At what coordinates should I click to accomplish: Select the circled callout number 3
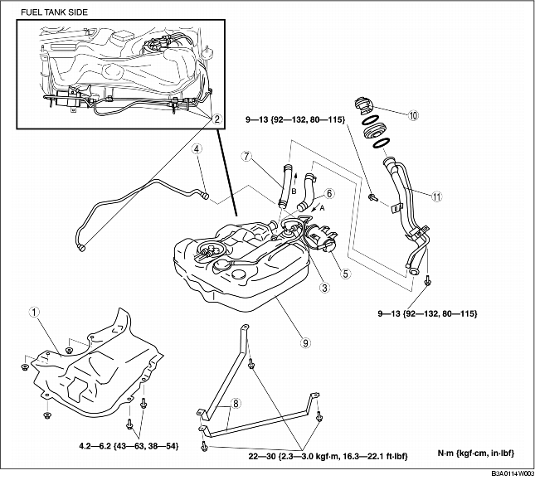326,288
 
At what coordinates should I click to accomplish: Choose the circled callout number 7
246,155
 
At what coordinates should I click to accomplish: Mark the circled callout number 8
236,404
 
